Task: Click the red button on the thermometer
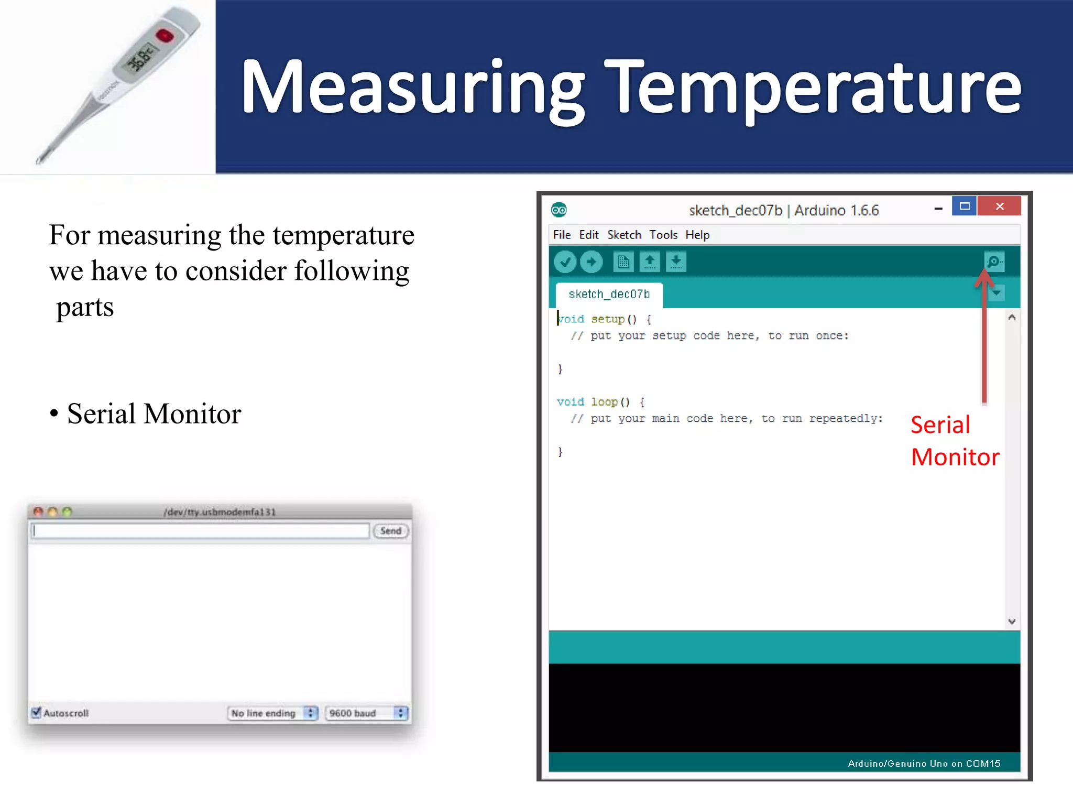point(165,36)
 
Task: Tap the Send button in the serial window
point(390,531)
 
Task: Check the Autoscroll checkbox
point(36,712)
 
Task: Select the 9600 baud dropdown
point(366,713)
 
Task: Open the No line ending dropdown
point(272,713)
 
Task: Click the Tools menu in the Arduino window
point(663,235)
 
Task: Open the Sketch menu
point(623,235)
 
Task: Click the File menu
point(561,235)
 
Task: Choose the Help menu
point(697,235)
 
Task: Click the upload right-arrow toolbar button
point(592,262)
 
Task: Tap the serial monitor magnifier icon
point(994,262)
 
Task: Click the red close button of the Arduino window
point(999,206)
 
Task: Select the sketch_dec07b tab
point(609,295)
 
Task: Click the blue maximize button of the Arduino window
point(964,206)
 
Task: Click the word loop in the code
point(604,402)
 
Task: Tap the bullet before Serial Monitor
point(54,414)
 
